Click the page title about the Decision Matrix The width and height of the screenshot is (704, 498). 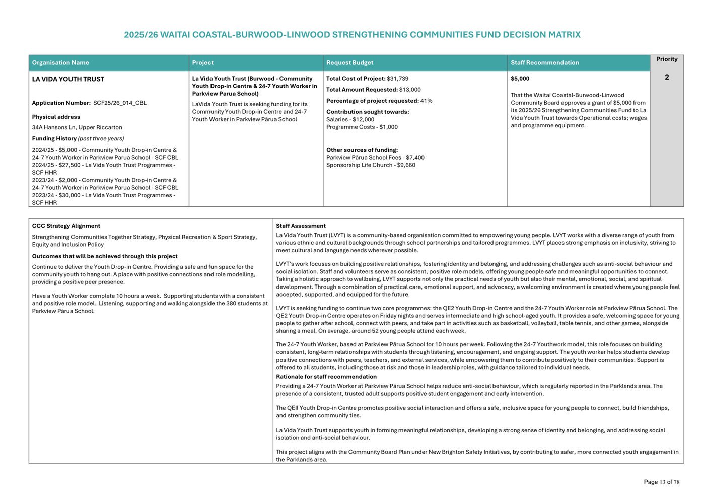click(x=352, y=35)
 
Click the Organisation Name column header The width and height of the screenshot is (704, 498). click(x=60, y=63)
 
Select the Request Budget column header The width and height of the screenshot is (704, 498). click(x=349, y=63)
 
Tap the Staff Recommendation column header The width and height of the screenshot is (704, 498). click(x=544, y=63)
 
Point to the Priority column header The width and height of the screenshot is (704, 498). click(x=666, y=59)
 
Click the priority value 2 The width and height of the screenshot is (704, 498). click(x=666, y=78)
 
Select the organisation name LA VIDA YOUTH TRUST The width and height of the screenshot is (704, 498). click(x=68, y=79)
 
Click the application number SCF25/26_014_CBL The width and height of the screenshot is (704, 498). click(x=120, y=103)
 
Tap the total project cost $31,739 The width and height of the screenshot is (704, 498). click(x=397, y=79)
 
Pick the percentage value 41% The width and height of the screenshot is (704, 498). click(x=426, y=101)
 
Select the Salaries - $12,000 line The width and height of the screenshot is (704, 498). click(x=350, y=120)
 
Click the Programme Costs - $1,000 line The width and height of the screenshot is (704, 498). click(x=362, y=127)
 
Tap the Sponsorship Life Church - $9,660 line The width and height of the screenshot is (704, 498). click(x=371, y=165)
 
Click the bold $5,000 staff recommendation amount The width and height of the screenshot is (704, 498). click(x=520, y=79)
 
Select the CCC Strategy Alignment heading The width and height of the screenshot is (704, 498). click(x=66, y=226)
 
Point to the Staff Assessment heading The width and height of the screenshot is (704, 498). click(x=301, y=226)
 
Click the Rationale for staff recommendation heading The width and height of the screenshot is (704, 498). click(x=326, y=377)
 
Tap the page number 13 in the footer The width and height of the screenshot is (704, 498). click(x=663, y=482)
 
